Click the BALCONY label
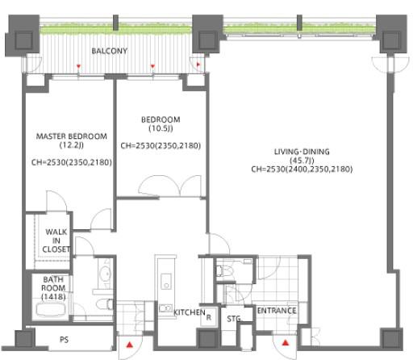(110, 51)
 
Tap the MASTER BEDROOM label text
(72, 136)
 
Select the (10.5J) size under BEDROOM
(161, 128)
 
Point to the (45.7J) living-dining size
(302, 161)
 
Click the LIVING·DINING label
(302, 152)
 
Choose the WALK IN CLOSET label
(56, 241)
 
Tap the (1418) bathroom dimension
(53, 297)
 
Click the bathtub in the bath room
(51, 310)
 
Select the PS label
(64, 340)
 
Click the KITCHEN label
(190, 312)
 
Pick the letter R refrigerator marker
(209, 317)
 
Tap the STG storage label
(233, 319)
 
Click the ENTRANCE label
(277, 311)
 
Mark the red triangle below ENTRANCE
(286, 343)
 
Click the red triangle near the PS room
(130, 345)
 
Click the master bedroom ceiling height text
(72, 162)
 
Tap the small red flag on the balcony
(198, 65)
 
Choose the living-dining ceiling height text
(302, 170)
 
